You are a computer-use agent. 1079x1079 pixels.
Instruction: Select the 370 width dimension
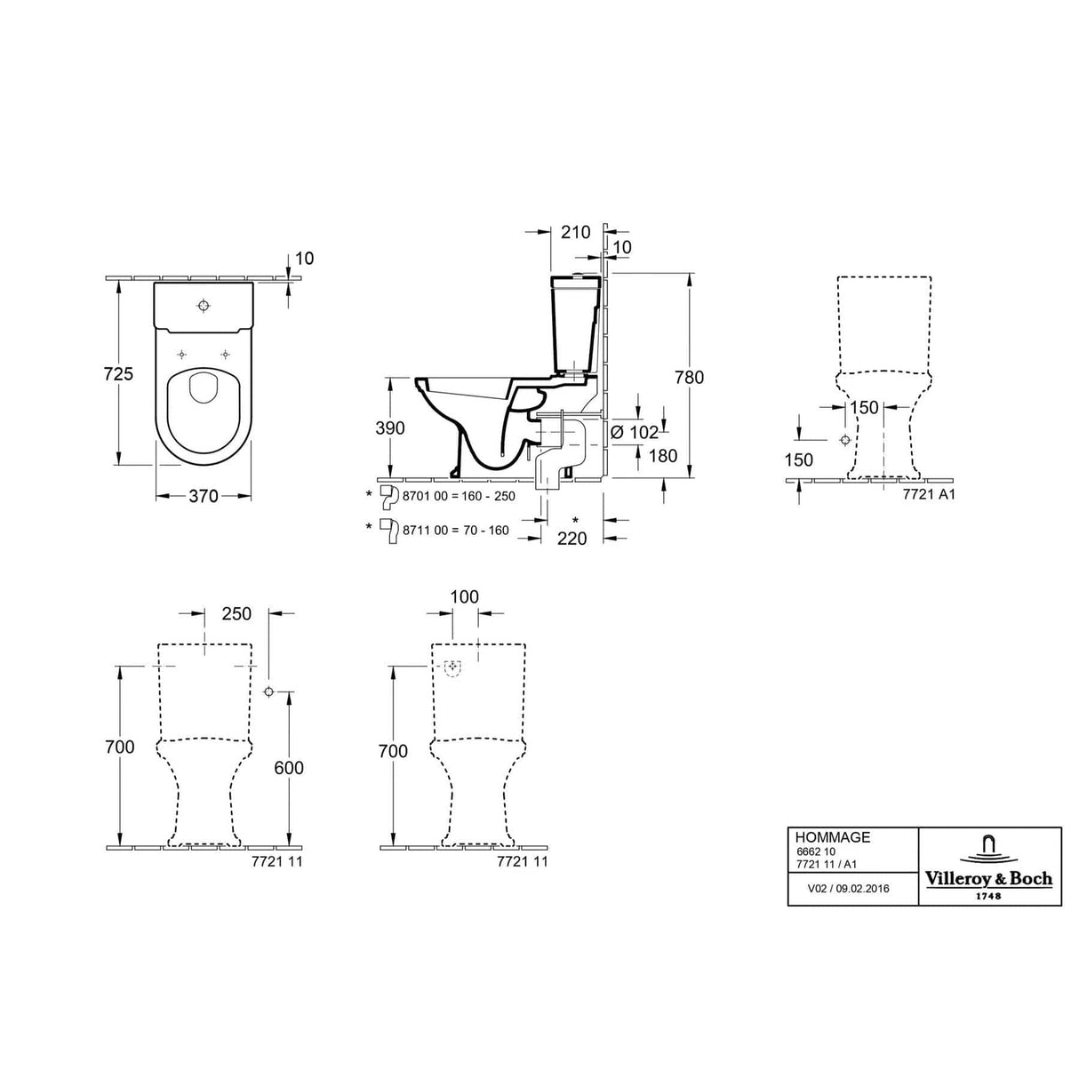tap(203, 496)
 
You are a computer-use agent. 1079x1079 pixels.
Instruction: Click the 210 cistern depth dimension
tap(576, 232)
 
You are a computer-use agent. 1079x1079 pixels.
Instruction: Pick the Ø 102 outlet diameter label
tap(635, 433)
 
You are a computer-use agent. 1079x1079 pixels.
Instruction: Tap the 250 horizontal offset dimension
tap(236, 613)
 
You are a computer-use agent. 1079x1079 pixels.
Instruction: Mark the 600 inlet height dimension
tap(288, 768)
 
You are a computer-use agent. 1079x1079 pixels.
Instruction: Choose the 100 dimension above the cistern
tap(464, 596)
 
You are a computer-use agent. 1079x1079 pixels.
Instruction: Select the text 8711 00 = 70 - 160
tap(455, 530)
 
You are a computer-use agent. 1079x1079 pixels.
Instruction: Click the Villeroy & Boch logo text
tap(988, 879)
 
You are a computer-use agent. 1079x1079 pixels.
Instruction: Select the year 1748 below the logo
tap(988, 896)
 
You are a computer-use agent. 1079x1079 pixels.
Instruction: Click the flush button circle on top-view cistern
tap(204, 307)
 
